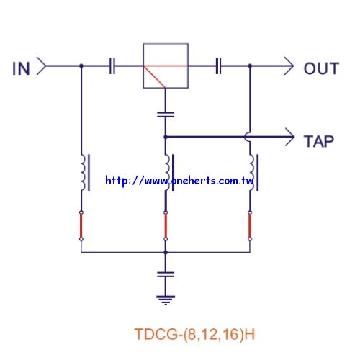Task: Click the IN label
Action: [x=21, y=68]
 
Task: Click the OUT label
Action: [x=321, y=68]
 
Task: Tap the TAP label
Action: [x=319, y=141]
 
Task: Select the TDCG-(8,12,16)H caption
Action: [x=194, y=334]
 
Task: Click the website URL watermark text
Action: [x=179, y=181]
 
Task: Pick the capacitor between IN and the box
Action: [x=112, y=66]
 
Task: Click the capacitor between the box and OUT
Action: [x=218, y=66]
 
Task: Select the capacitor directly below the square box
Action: [x=166, y=114]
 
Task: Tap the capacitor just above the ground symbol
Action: [x=166, y=274]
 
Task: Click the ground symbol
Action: [x=166, y=300]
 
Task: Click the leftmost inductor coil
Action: [x=83, y=173]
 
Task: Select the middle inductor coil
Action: [x=168, y=173]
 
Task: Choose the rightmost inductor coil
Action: [x=252, y=173]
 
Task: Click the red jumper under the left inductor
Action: [x=81, y=226]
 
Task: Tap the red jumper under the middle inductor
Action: [x=166, y=226]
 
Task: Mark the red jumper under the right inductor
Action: [x=250, y=226]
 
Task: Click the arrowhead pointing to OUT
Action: [x=289, y=66]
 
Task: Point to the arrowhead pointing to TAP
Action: [x=290, y=137]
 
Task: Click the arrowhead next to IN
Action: [x=41, y=66]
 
